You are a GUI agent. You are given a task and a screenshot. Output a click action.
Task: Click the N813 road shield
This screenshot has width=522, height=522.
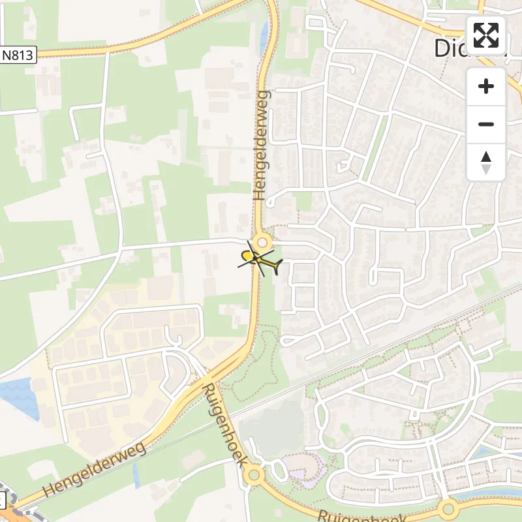(17, 55)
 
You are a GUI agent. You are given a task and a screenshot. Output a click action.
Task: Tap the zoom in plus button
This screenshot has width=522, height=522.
(486, 87)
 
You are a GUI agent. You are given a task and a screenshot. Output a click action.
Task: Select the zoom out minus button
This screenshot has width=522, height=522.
(486, 125)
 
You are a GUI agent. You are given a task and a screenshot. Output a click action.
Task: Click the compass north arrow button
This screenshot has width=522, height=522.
(486, 162)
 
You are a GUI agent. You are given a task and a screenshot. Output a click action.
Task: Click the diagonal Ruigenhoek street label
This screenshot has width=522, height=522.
(224, 424)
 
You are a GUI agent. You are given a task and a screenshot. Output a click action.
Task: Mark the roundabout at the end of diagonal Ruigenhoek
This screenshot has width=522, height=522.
(254, 475)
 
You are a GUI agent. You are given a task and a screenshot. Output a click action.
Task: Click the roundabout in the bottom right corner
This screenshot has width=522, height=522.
(447, 508)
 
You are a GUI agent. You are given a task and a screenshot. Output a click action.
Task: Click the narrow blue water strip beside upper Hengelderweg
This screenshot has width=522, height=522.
(264, 39)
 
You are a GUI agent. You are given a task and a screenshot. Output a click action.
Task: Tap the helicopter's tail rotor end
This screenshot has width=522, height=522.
(280, 264)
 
